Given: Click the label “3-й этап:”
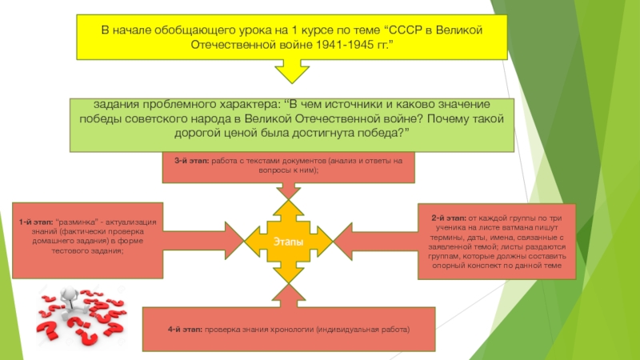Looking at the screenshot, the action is [194, 161].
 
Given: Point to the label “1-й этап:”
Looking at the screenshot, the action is [38, 220].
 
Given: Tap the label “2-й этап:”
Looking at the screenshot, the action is [446, 218].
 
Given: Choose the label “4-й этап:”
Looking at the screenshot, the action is [185, 330].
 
